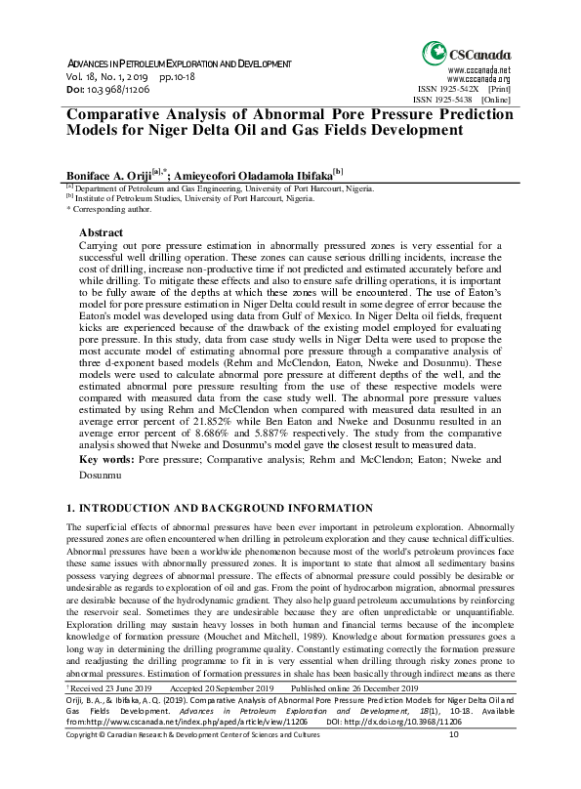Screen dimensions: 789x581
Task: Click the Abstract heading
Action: click(101, 232)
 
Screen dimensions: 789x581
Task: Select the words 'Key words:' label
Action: click(104, 459)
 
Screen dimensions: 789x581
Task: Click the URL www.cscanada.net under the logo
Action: click(478, 70)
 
